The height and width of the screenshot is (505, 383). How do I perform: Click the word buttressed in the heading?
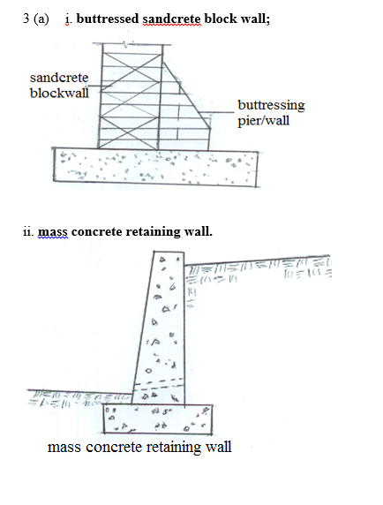click(107, 19)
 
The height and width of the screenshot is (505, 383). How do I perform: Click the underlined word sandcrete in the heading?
click(172, 19)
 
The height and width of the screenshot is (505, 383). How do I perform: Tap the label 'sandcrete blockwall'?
click(59, 86)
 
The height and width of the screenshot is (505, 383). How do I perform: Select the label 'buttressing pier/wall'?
click(271, 113)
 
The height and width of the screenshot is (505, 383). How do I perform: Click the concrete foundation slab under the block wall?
click(156, 167)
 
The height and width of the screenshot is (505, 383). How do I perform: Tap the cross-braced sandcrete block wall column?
click(131, 96)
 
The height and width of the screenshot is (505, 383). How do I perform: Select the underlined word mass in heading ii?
click(53, 232)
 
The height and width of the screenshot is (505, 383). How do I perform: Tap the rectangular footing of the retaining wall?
click(158, 418)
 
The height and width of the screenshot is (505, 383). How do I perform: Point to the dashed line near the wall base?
click(159, 383)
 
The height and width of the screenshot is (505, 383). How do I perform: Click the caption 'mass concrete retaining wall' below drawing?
click(139, 447)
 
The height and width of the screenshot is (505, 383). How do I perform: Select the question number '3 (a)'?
click(36, 19)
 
